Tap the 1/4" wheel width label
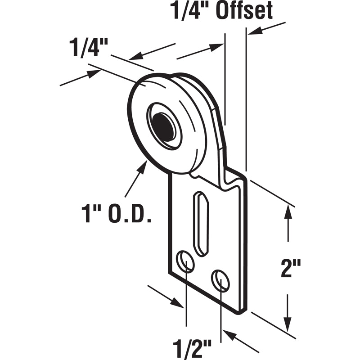tap(89, 48)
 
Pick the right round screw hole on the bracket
tap(220, 280)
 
